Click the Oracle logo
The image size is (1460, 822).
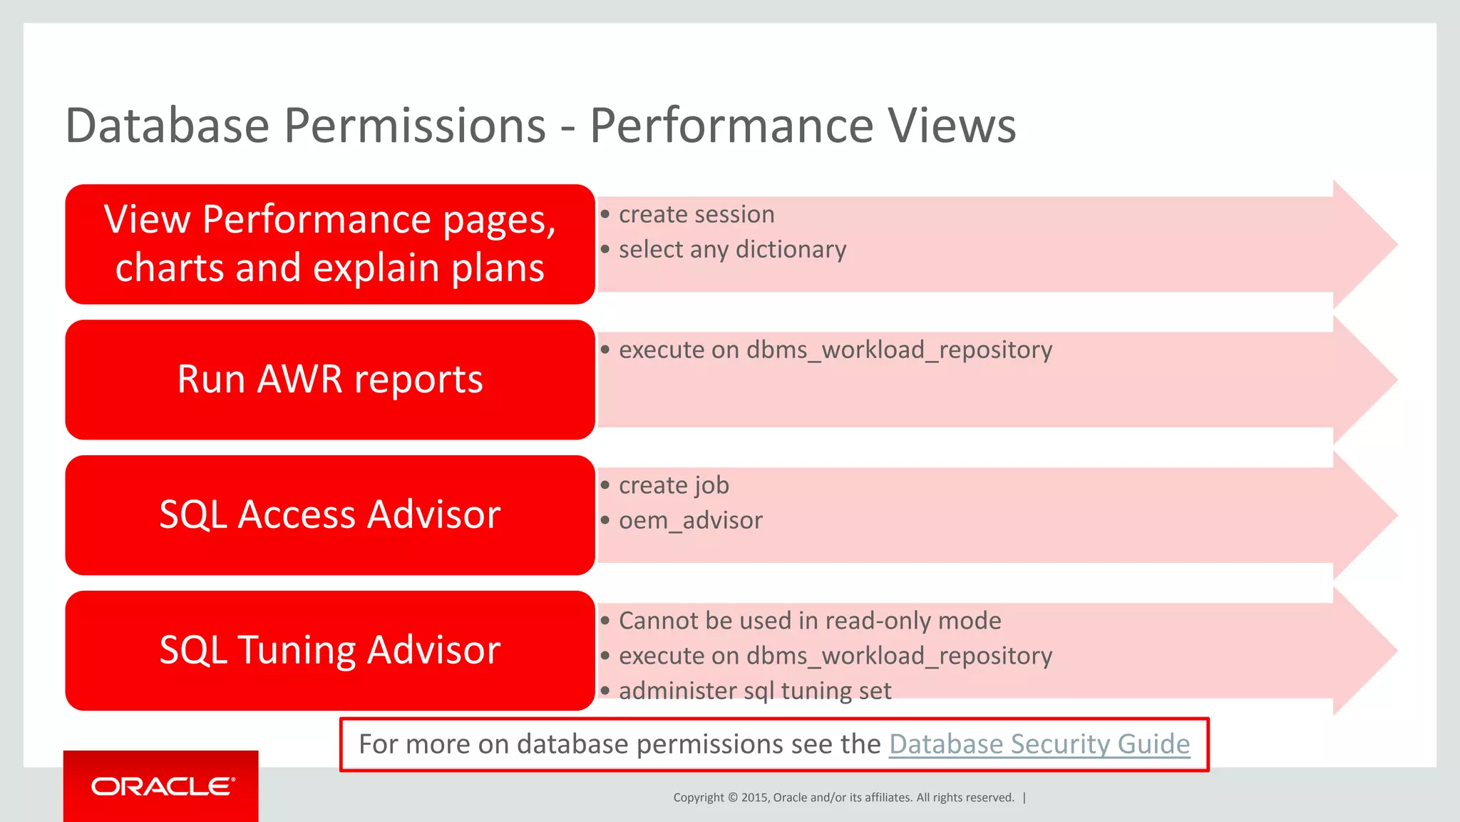pyautogui.click(x=163, y=786)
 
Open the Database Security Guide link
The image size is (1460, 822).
pyautogui.click(x=1039, y=744)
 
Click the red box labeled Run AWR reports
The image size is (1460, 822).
pyautogui.click(x=329, y=380)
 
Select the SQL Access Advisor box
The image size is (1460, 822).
pyautogui.click(x=329, y=515)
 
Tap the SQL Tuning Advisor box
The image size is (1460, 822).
pyautogui.click(x=329, y=651)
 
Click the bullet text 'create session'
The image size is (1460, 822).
pyautogui.click(x=696, y=214)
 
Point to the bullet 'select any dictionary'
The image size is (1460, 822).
pyautogui.click(x=732, y=250)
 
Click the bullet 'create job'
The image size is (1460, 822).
pyautogui.click(x=674, y=485)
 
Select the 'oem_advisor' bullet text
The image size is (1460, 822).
pyautogui.click(x=690, y=520)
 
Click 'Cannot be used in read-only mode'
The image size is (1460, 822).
pyautogui.click(x=809, y=621)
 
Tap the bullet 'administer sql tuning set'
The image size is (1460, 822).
pyautogui.click(x=754, y=691)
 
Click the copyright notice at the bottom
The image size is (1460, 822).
pyautogui.click(x=843, y=798)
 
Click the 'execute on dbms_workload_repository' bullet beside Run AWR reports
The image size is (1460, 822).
pyautogui.click(x=835, y=350)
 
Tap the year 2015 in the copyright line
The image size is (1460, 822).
pyautogui.click(x=754, y=798)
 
